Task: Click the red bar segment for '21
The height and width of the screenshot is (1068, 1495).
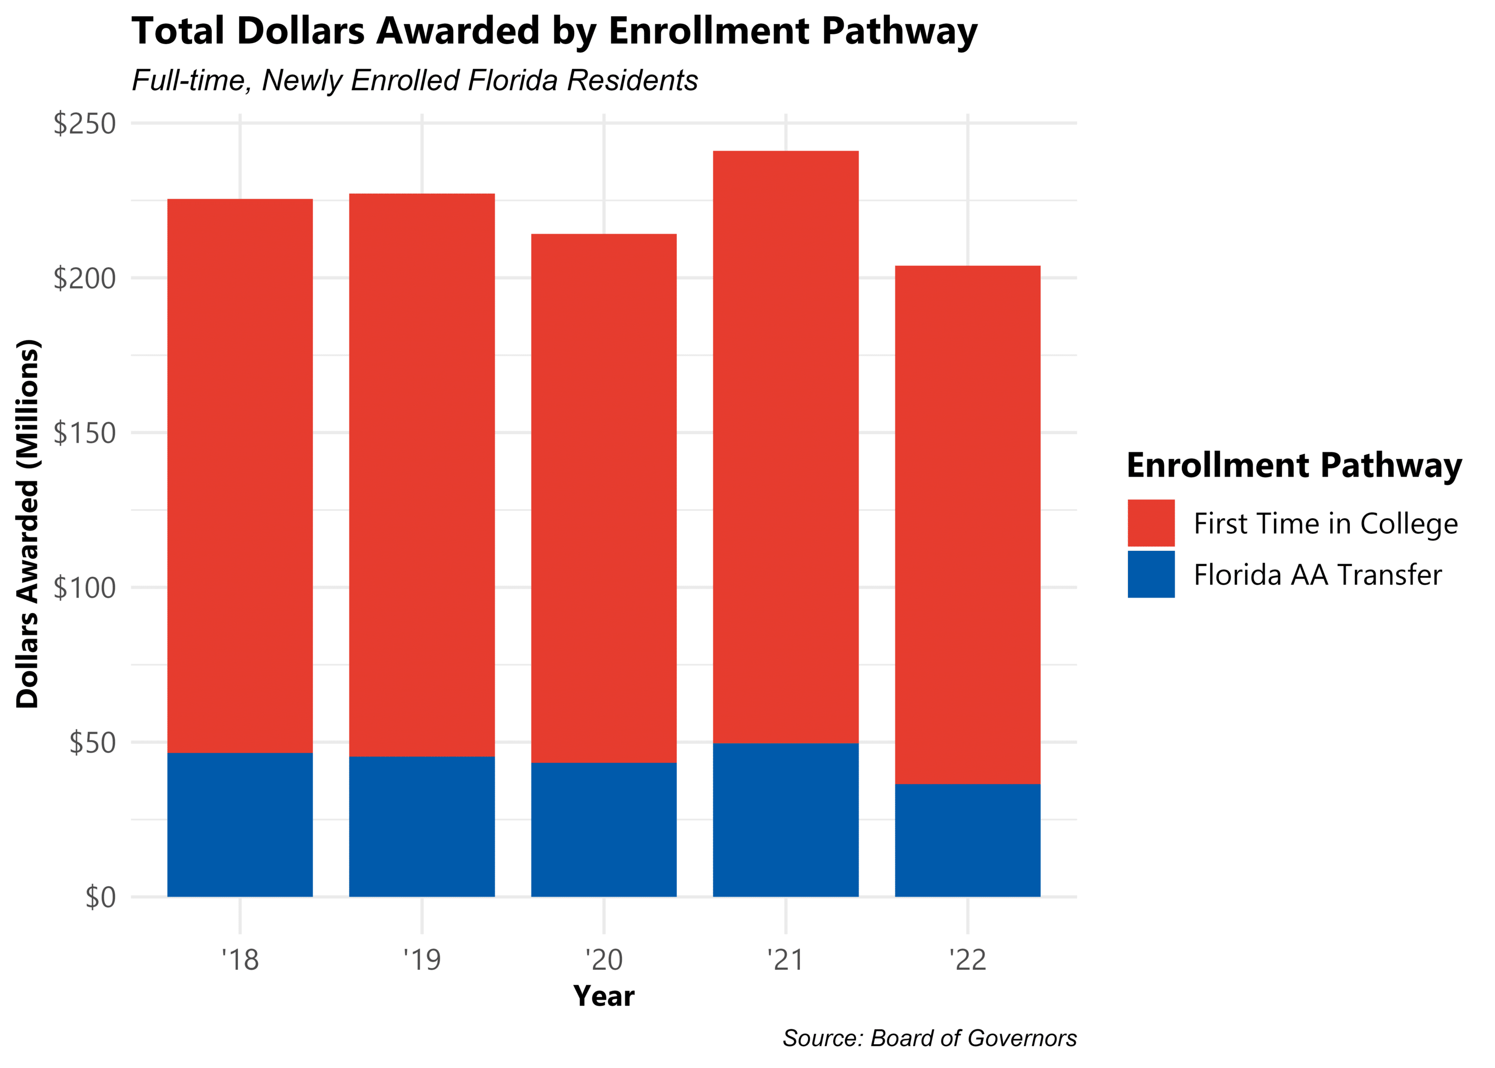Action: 785,447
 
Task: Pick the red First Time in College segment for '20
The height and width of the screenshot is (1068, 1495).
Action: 604,498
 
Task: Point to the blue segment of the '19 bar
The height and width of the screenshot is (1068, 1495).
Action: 422,826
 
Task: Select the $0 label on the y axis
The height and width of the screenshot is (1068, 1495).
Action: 100,897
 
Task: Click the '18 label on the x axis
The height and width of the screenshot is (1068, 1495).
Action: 240,960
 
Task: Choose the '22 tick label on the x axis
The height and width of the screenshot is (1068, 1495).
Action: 967,960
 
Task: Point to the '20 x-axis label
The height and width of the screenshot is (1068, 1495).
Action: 604,960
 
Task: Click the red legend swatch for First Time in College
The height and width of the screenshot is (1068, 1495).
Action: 1150,523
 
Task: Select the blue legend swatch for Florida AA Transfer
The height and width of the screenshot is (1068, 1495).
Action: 1150,574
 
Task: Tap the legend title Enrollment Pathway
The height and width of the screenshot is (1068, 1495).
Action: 1294,466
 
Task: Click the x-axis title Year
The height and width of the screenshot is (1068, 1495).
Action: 604,996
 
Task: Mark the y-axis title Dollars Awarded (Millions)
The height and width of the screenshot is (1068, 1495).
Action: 28,524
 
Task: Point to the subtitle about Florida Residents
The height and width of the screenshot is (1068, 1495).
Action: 414,80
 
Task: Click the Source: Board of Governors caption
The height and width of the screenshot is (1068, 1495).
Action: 929,1038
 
